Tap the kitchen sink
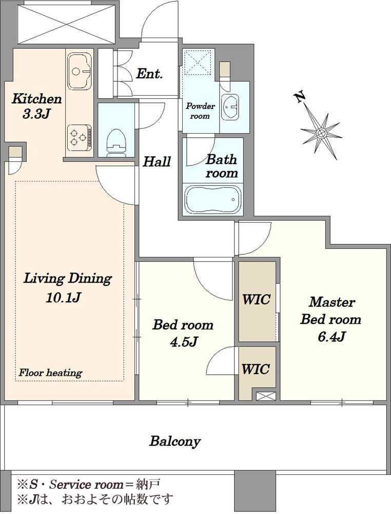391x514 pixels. coord(80,71)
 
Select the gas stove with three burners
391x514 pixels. coord(80,137)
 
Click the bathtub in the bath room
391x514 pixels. coord(213,200)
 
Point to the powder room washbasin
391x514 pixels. coord(230,106)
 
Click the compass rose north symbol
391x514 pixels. coord(321,133)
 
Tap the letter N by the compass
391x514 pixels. coord(299,97)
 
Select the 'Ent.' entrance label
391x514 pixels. coord(149,74)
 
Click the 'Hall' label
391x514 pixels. coord(157,161)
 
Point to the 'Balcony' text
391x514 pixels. coord(175,441)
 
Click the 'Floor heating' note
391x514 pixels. coord(50,373)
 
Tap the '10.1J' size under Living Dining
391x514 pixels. coord(63,298)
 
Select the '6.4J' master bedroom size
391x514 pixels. coord(331,337)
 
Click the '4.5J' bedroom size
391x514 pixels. coord(183,342)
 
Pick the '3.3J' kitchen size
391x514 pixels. coord(36,114)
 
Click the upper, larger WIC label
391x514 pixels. coord(256,299)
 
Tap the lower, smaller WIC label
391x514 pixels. coord(256,369)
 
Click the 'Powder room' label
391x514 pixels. coord(200,111)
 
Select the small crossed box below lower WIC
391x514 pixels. coord(266,396)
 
